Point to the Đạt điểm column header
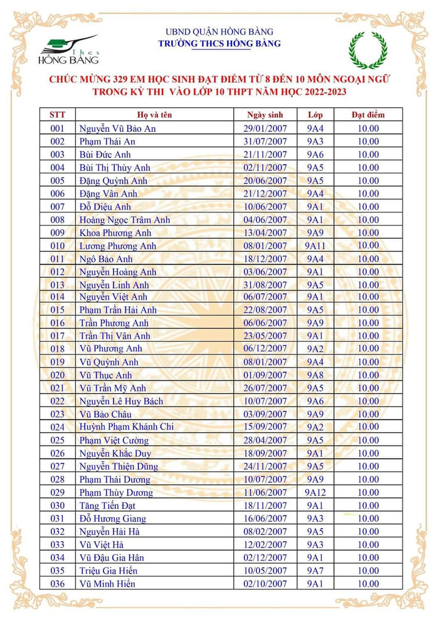pos(368,115)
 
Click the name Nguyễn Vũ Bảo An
pos(117,129)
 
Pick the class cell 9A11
pos(315,246)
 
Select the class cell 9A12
pos(315,493)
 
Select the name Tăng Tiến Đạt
pos(107,505)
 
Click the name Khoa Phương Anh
pos(115,232)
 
